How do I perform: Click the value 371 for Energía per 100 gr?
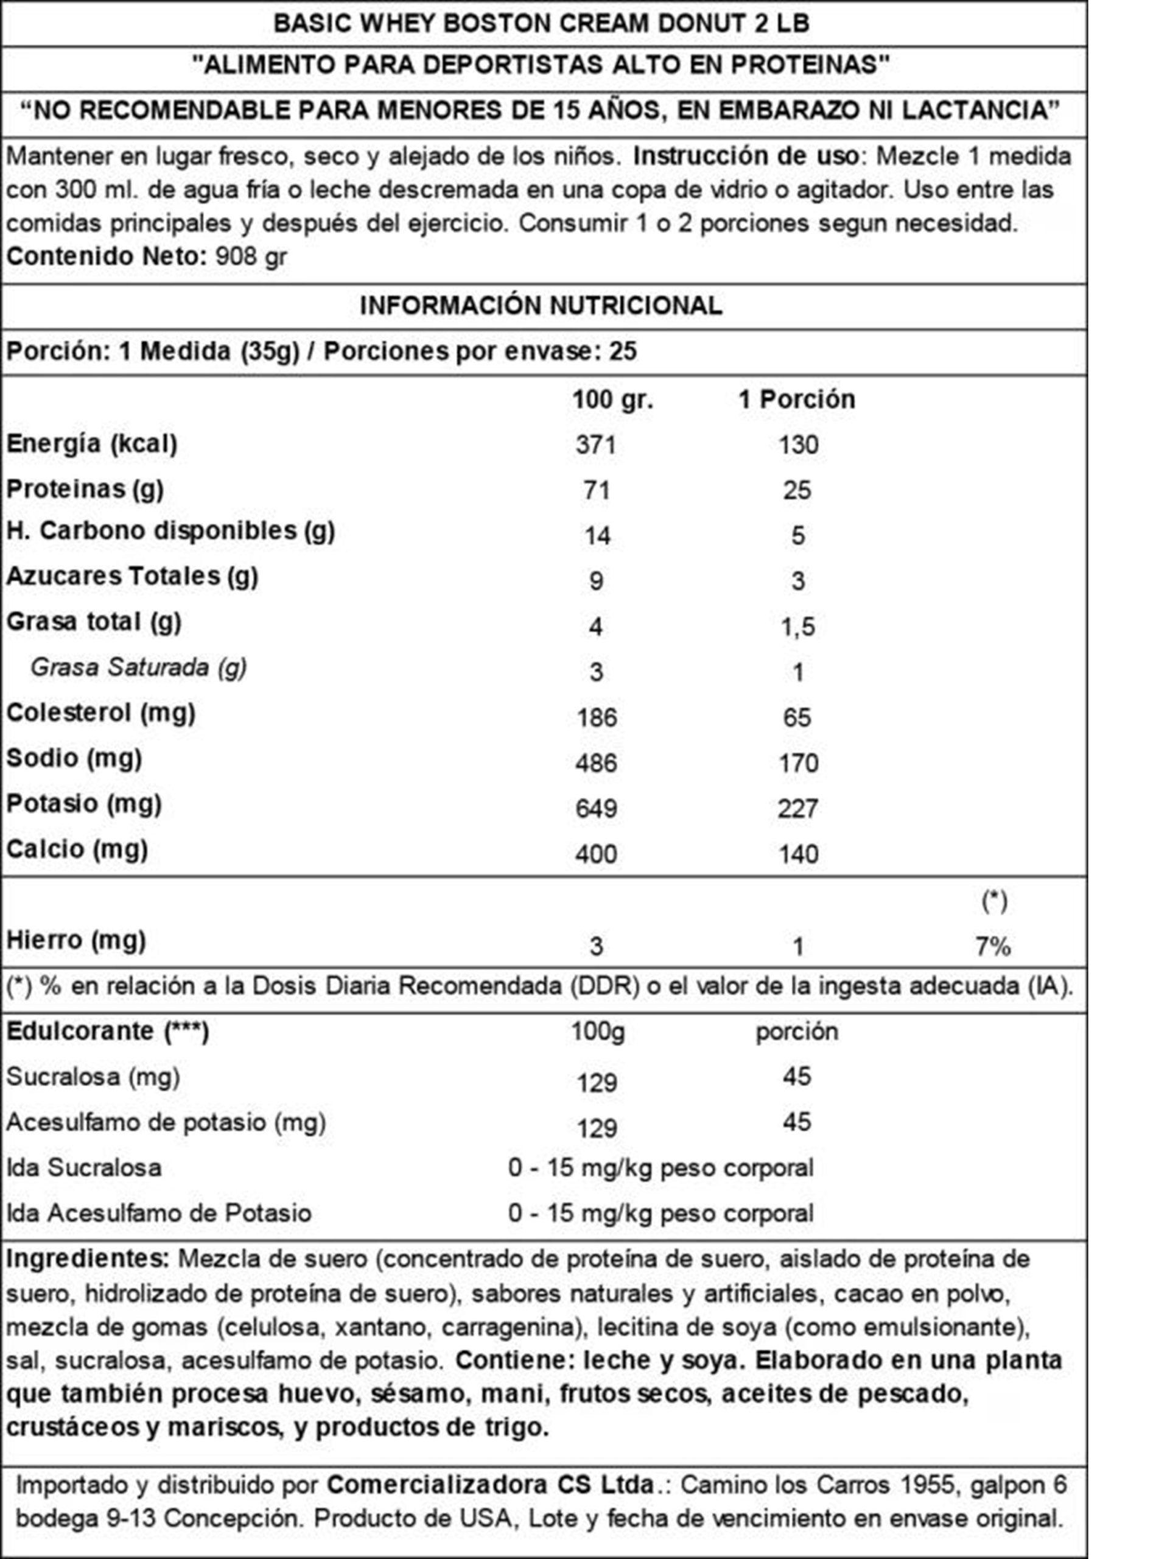(x=595, y=445)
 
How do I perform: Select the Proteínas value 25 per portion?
(x=797, y=490)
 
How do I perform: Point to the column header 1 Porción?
(x=797, y=399)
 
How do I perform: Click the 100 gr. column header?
(x=612, y=399)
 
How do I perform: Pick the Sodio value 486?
(x=595, y=762)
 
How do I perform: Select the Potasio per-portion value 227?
(x=797, y=809)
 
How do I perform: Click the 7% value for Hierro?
(x=993, y=946)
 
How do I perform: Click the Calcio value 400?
(x=595, y=854)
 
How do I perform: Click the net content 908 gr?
(x=251, y=256)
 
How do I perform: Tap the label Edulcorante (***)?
(x=108, y=1030)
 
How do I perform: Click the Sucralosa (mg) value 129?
(x=597, y=1083)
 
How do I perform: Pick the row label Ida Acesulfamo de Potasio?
(x=159, y=1212)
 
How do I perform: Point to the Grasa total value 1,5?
(x=797, y=627)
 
